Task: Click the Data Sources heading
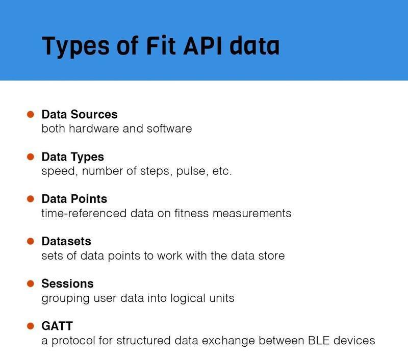click(79, 115)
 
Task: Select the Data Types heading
click(72, 157)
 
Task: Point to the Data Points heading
click(74, 199)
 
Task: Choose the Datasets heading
click(66, 241)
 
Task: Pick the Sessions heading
click(67, 283)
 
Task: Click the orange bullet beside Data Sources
click(31, 114)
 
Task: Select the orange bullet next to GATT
click(31, 325)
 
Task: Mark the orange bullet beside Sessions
click(31, 283)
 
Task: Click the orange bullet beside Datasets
click(31, 241)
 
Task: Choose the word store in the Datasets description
click(271, 255)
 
